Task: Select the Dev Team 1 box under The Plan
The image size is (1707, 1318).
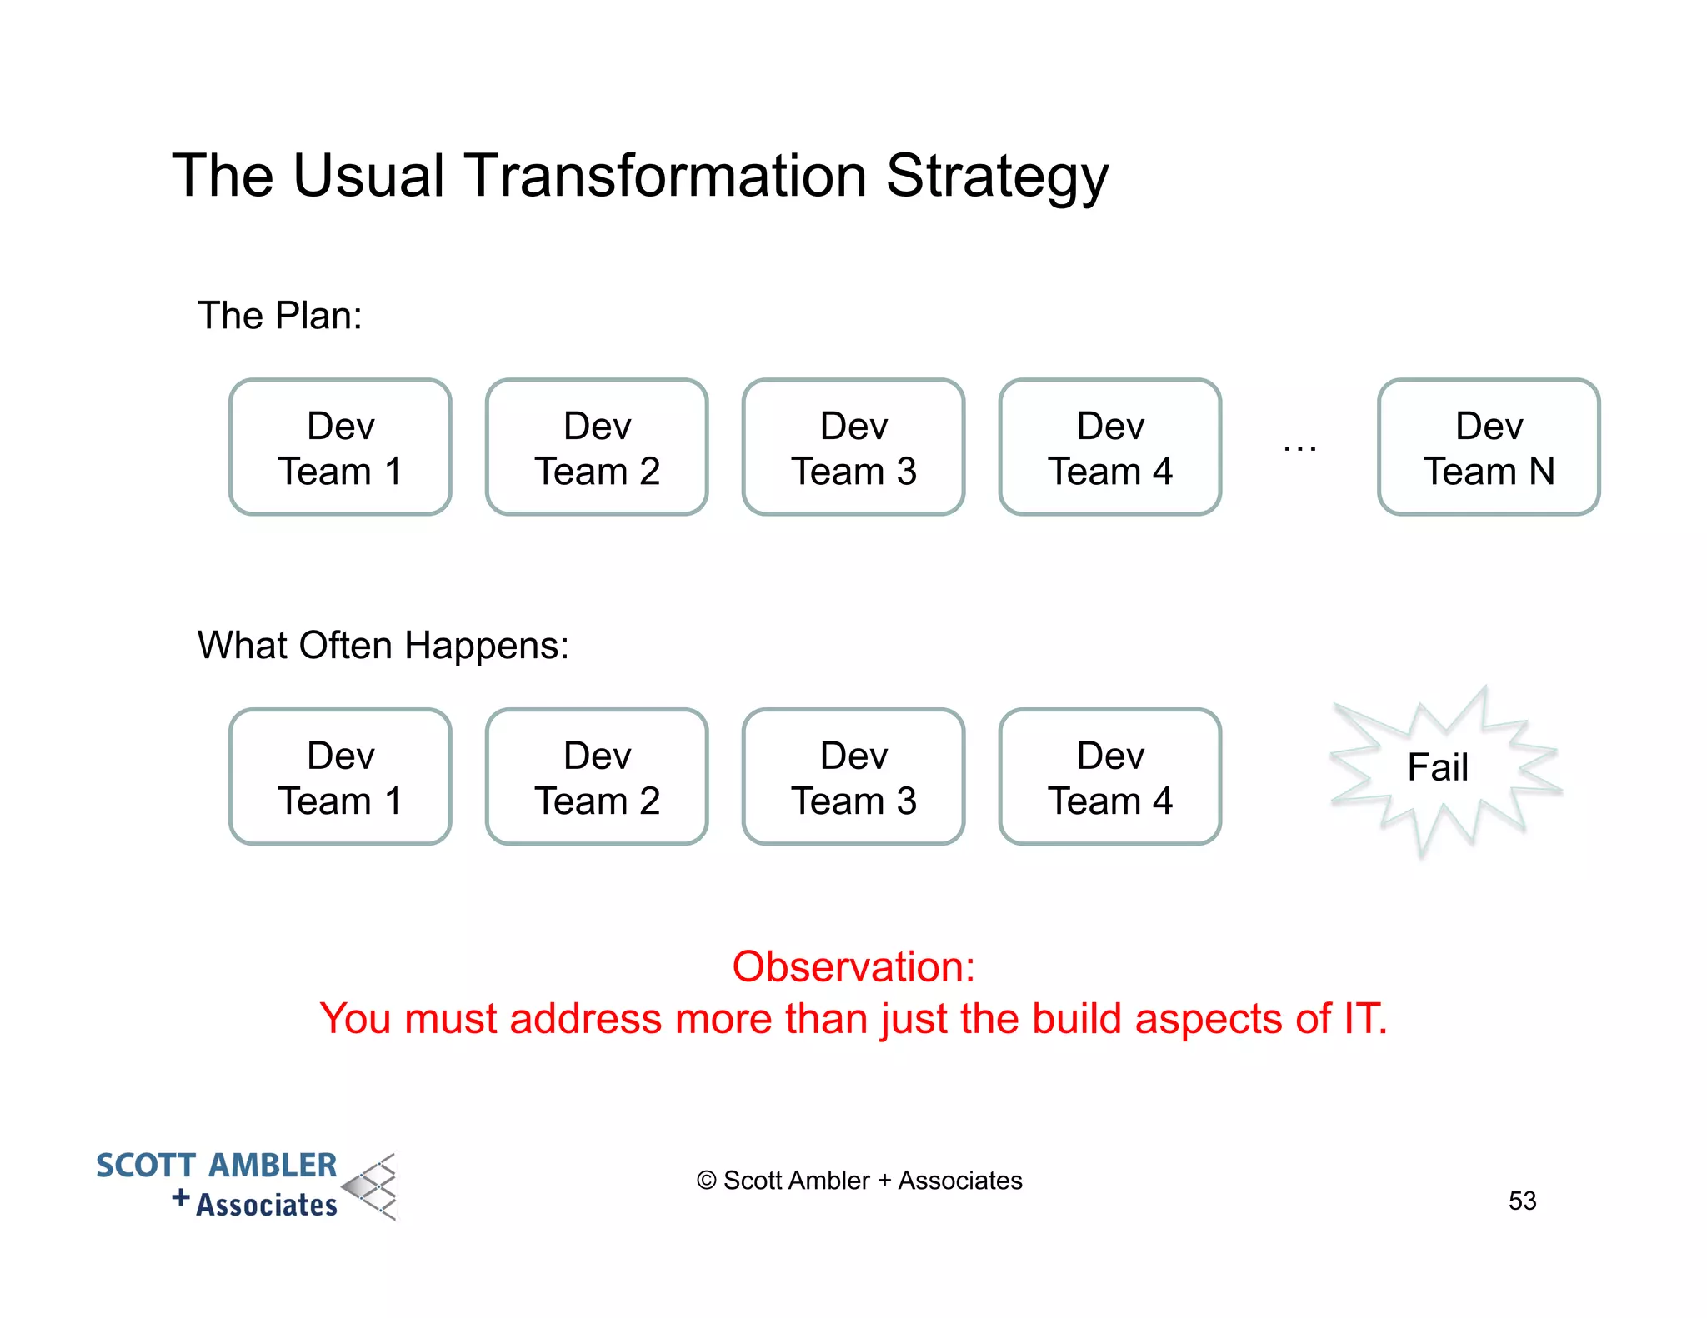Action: click(x=340, y=447)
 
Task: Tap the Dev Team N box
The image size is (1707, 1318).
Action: click(x=1489, y=447)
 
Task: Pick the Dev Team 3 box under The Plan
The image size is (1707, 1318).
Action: click(x=853, y=447)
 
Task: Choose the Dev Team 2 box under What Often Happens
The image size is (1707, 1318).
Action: click(x=597, y=777)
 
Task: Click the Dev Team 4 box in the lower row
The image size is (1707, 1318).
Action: click(x=1110, y=777)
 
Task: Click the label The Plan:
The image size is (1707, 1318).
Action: click(x=280, y=316)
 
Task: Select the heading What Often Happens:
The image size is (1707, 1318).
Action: click(x=383, y=646)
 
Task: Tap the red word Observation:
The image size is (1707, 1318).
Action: click(x=853, y=967)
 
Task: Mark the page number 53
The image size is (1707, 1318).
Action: click(x=1522, y=1201)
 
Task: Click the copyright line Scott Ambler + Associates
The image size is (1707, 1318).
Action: click(x=859, y=1181)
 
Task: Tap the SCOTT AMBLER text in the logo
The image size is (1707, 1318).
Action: click(x=217, y=1166)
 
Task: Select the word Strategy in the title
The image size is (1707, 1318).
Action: click(x=997, y=177)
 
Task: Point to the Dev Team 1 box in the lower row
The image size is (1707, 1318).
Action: click(x=340, y=777)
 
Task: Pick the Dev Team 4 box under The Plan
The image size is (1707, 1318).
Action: click(x=1110, y=447)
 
